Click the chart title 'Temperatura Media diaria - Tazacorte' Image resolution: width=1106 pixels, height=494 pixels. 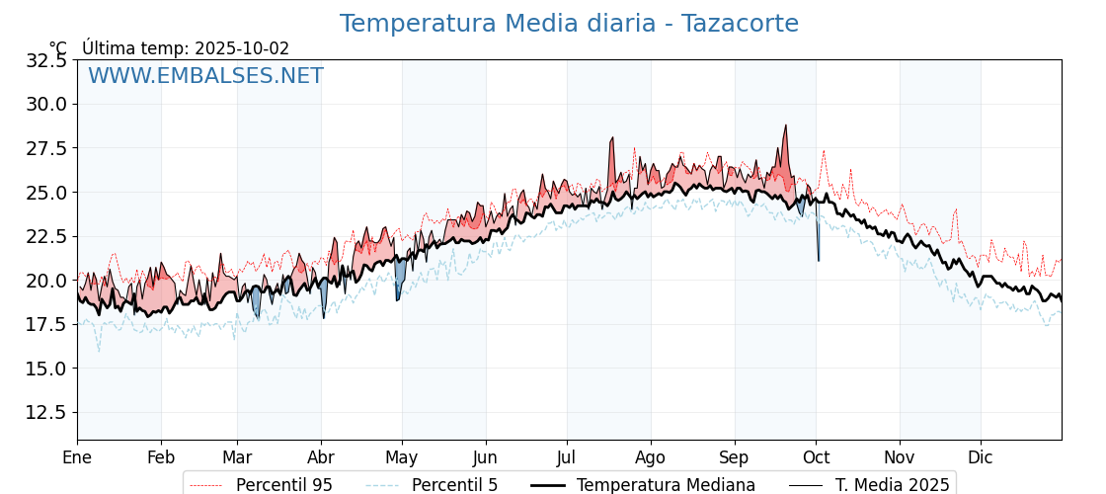pos(569,24)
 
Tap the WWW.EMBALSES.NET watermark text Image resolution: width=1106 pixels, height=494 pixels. pos(205,76)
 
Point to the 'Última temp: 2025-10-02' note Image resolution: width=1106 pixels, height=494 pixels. pos(186,48)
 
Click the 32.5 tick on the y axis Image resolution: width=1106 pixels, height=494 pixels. pos(46,60)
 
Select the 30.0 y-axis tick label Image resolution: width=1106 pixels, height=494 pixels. pos(46,104)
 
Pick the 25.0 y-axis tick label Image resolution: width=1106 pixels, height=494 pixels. pos(46,192)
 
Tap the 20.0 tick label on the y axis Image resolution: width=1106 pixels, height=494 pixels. pos(46,280)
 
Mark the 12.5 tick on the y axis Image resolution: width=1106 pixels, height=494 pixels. pos(46,412)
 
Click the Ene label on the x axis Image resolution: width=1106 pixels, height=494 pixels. pos(77,457)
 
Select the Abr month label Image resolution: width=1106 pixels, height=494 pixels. pos(321,457)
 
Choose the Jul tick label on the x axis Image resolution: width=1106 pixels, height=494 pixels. pos(567,457)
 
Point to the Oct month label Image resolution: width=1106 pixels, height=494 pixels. pos(816,457)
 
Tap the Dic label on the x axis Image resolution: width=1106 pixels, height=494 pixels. pos(981,457)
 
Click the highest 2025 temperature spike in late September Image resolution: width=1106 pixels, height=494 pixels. pos(786,126)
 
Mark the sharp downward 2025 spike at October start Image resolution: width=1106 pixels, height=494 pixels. pos(819,260)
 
